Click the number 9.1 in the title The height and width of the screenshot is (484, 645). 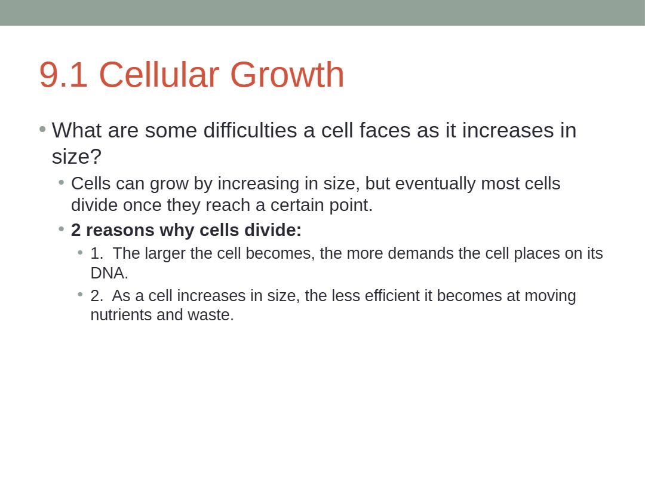coord(63,75)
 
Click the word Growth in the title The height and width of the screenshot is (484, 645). coord(287,75)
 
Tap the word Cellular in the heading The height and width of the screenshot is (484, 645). coord(159,75)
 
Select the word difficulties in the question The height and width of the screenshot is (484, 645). coord(250,130)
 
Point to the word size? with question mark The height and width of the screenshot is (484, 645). coord(76,157)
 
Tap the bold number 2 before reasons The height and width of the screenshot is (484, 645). coord(76,230)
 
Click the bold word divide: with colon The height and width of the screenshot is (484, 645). coord(273,230)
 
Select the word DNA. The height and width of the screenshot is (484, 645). coord(109,273)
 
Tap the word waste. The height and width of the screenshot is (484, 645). coord(211,315)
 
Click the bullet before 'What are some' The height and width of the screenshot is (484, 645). coord(42,130)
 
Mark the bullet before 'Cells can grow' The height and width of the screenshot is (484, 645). coord(62,182)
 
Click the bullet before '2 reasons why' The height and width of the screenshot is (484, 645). coord(62,228)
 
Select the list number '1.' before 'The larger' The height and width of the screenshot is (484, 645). coord(97,253)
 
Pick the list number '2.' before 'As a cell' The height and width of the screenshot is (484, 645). coord(97,296)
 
